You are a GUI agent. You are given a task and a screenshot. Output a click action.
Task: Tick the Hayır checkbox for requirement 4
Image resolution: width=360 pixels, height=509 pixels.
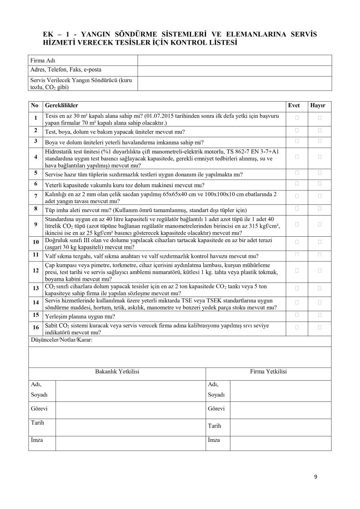click(319, 157)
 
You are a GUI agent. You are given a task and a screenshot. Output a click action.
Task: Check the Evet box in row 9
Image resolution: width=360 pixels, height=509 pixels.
click(297, 224)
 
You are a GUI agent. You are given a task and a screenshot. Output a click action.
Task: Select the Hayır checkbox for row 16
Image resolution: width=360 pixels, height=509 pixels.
click(319, 327)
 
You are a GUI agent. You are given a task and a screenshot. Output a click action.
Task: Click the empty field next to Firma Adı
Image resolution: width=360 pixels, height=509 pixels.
click(234, 60)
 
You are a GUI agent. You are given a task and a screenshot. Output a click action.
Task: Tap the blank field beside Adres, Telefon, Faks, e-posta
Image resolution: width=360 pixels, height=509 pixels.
click(234, 70)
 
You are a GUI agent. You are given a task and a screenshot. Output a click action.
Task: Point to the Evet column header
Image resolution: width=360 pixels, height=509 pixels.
click(294, 106)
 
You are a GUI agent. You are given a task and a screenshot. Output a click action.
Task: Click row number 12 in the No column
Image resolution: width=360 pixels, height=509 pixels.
click(36, 270)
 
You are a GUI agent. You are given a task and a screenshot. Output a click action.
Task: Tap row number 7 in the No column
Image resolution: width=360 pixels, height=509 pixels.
click(36, 195)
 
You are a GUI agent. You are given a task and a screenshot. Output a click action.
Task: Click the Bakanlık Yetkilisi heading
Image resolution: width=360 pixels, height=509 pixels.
click(117, 372)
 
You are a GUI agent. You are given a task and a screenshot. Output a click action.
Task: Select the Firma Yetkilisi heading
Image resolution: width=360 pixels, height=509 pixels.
click(268, 372)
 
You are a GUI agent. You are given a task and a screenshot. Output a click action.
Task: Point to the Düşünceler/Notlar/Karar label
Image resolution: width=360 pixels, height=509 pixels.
click(61, 340)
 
